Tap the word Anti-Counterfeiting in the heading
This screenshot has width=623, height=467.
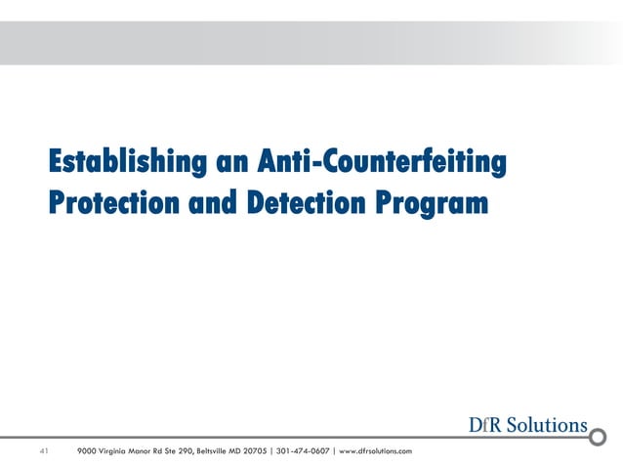pos(382,159)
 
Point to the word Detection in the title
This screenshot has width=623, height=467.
pos(292,204)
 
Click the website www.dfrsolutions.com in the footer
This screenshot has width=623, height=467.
pos(375,450)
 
